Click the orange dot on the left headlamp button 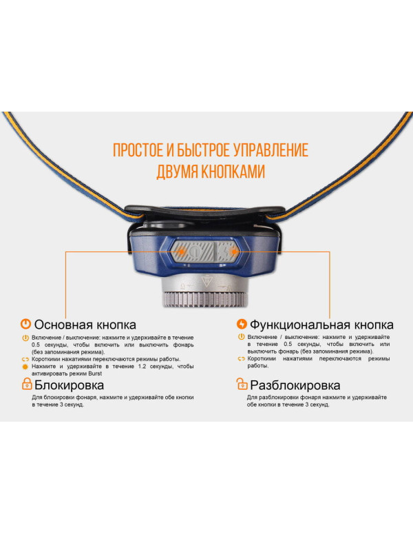click(x=180, y=253)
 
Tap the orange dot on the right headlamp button click(x=235, y=254)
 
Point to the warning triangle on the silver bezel click(x=206, y=283)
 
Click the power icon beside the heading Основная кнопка click(x=25, y=324)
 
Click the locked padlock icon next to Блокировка click(x=25, y=385)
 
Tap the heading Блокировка click(x=69, y=386)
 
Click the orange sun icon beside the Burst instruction click(x=25, y=367)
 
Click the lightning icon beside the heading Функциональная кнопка click(x=241, y=324)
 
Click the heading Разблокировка click(x=295, y=386)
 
